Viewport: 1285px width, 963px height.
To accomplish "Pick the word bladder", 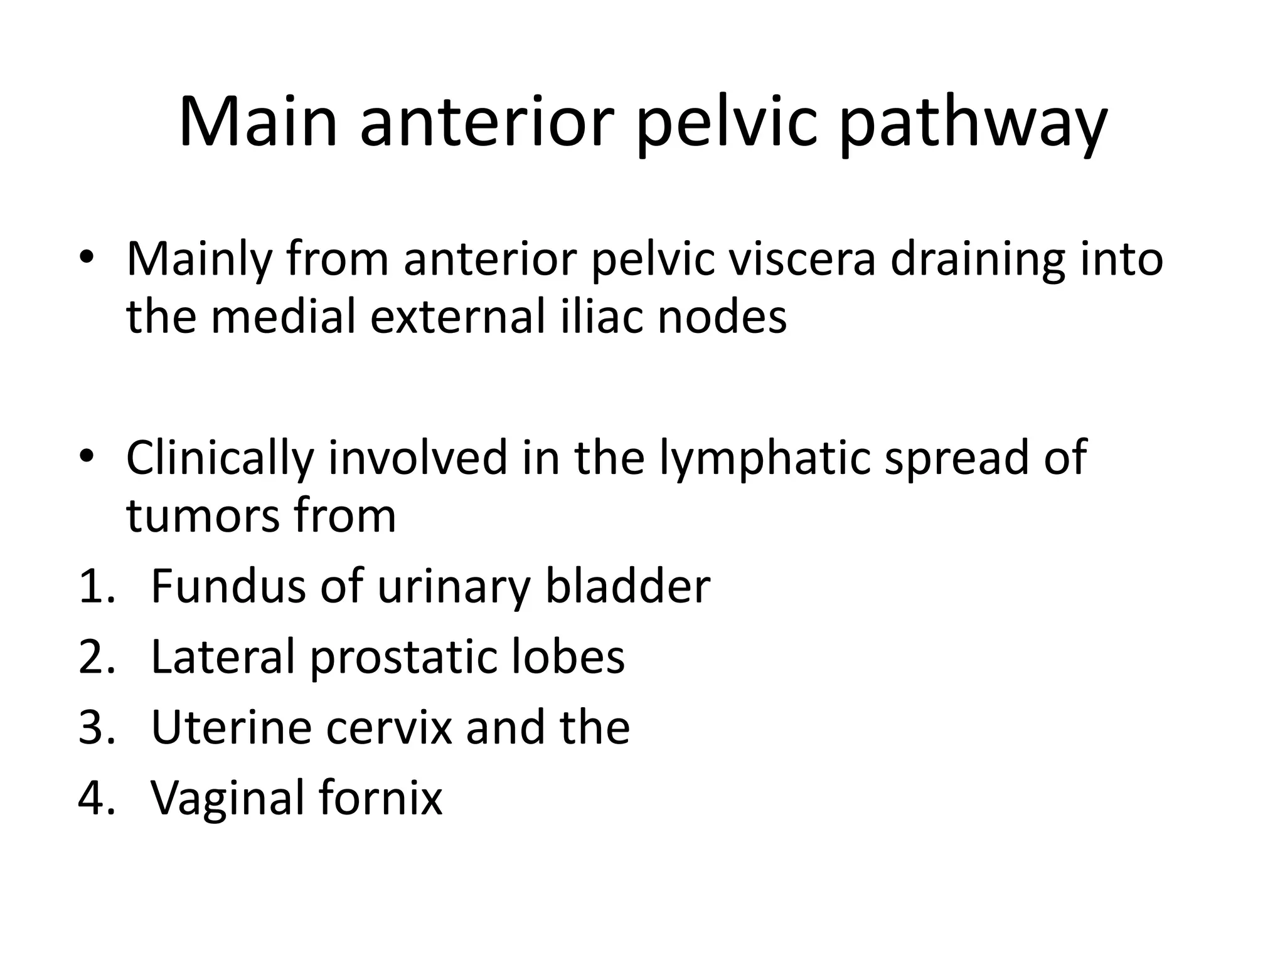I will point(627,586).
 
